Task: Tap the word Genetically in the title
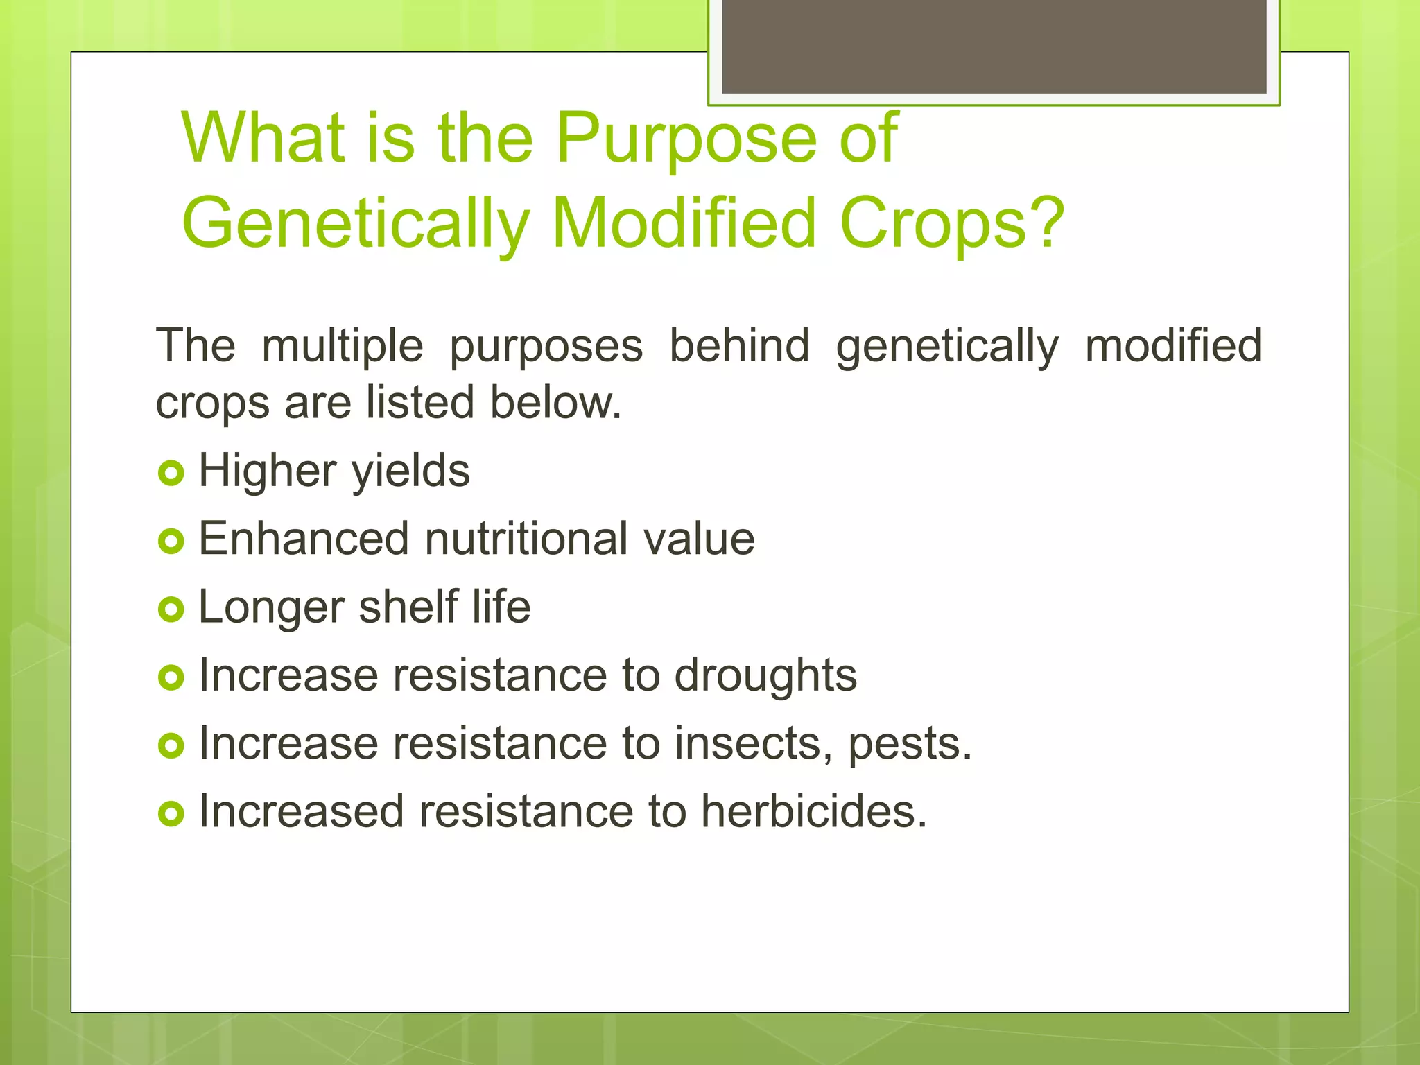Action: [355, 224]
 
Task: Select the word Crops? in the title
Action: [951, 224]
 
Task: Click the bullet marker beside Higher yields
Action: [171, 474]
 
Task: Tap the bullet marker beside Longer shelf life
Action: [171, 610]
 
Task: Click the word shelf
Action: [408, 607]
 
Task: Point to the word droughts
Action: [765, 676]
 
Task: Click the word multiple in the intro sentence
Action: [343, 347]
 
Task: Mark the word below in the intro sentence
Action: [555, 403]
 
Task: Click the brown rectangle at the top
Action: [994, 46]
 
